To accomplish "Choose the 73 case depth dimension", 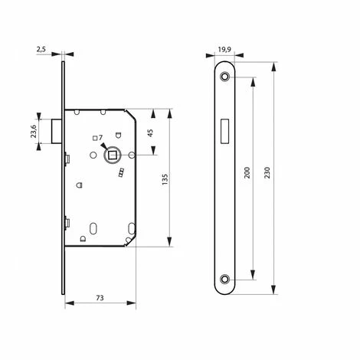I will pos(100,296).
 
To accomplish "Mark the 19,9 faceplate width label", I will pos(224,50).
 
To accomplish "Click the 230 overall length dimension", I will pos(267,175).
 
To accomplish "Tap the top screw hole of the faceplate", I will pos(224,79).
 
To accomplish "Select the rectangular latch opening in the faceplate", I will pos(224,130).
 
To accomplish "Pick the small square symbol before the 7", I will pos(93,138).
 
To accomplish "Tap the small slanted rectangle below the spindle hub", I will pos(120,177).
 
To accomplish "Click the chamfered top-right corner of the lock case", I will pos(132,117).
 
